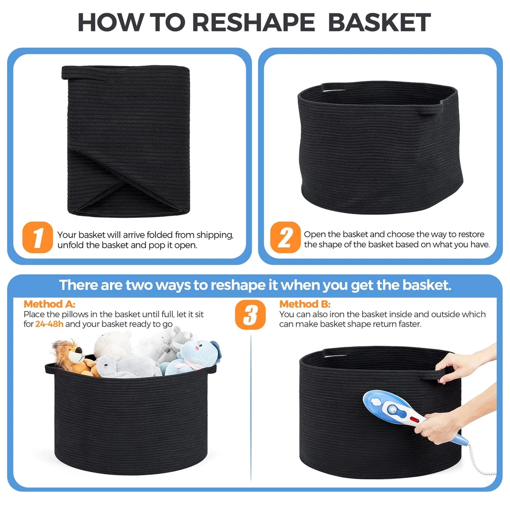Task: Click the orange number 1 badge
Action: tap(38, 237)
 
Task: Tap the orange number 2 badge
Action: tap(285, 237)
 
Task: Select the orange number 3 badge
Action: tap(250, 315)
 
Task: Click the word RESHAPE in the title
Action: tap(253, 22)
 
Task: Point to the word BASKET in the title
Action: tap(379, 22)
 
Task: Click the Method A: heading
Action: tap(49, 304)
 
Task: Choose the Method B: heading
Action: tap(305, 304)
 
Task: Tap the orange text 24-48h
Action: tap(49, 324)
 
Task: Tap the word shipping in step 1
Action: tap(215, 235)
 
